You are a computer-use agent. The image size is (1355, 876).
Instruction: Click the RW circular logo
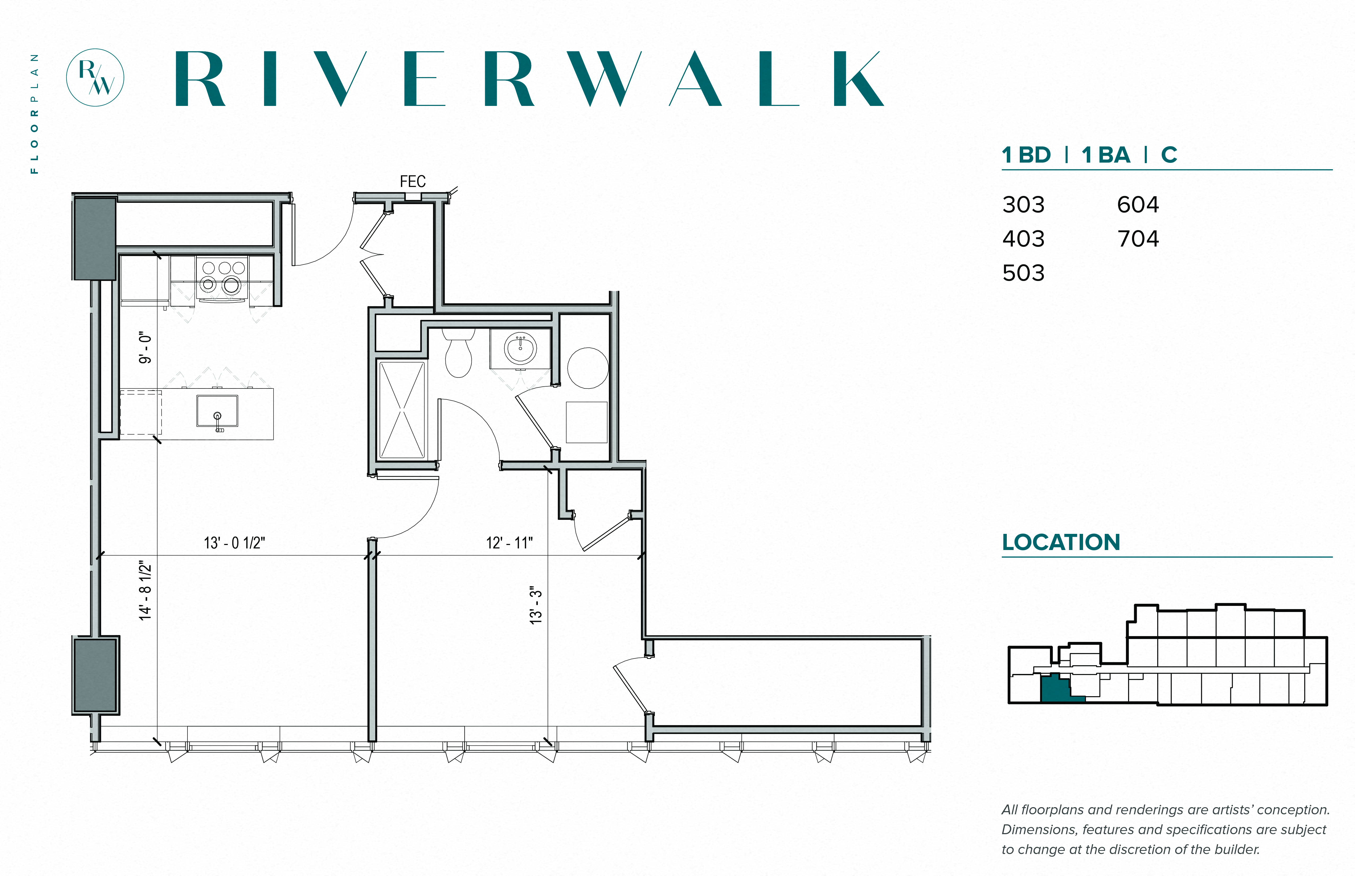click(x=95, y=77)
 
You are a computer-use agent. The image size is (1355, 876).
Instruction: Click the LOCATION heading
click(x=1060, y=542)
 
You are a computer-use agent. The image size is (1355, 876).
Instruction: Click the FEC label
click(x=412, y=181)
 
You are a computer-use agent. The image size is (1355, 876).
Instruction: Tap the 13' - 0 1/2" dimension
click(x=234, y=543)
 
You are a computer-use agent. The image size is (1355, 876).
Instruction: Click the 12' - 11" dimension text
click(x=509, y=543)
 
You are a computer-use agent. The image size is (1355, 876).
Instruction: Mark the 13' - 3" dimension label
click(x=536, y=605)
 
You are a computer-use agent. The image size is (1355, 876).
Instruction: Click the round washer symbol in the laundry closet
click(x=588, y=368)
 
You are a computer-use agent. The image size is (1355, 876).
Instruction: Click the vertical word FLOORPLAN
click(x=35, y=114)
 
